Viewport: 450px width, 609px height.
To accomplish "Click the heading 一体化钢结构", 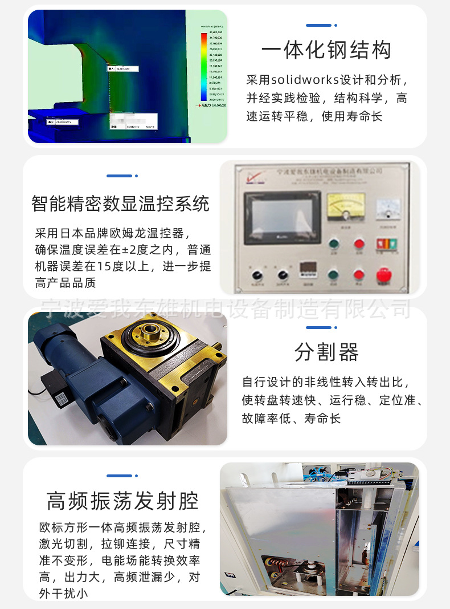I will (326, 50).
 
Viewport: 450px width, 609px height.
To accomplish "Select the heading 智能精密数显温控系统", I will (121, 204).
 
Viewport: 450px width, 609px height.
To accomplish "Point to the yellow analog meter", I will (346, 206).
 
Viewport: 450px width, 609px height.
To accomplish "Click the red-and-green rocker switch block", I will (384, 244).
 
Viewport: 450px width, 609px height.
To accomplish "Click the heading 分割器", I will (326, 352).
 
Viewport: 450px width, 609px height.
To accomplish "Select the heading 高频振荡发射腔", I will (122, 501).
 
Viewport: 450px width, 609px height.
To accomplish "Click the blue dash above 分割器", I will (318, 328).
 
